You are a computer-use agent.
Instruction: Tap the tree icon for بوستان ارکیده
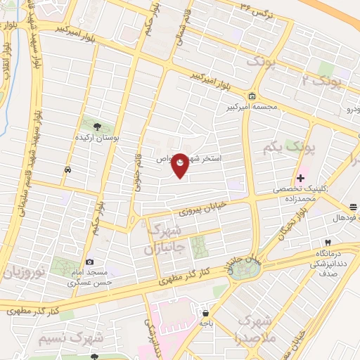96,127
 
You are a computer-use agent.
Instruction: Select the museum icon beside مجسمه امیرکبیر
252,96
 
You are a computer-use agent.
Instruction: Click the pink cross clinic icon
301,179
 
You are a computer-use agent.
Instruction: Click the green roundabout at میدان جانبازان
243,270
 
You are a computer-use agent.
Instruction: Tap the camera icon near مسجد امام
89,262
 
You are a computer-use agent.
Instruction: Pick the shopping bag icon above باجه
205,313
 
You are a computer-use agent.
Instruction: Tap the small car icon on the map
67,169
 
